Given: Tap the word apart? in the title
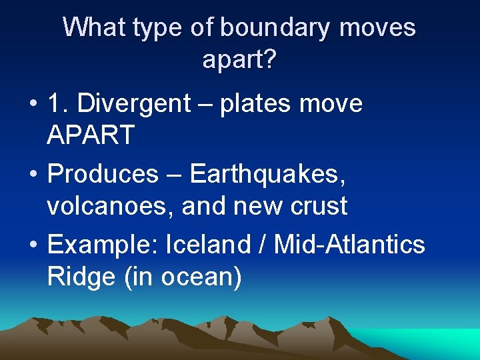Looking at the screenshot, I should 239,60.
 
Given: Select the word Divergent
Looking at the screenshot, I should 137,103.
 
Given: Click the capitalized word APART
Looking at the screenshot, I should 91,136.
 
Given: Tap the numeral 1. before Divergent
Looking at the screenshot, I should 59,103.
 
